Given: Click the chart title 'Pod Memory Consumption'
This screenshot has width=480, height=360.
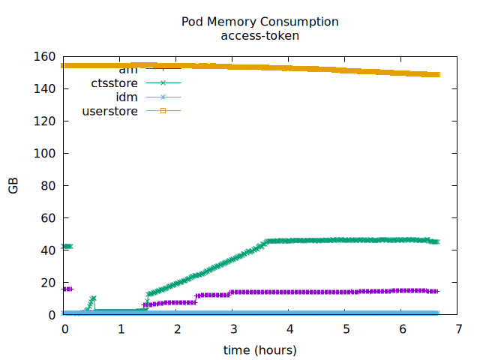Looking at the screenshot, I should pos(259,22).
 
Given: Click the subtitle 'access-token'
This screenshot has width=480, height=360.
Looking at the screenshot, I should pos(259,35).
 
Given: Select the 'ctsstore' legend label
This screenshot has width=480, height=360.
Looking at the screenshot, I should pos(115,83).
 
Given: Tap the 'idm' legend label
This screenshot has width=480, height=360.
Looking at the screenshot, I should pos(127,97).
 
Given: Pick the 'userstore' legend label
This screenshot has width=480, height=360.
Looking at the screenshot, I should pos(109,112).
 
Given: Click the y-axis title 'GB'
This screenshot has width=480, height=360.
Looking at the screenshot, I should pos(13,186).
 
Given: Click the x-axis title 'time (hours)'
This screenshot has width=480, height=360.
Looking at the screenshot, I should pos(259,350).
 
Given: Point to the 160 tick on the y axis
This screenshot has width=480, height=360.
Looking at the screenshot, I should pos(45,57).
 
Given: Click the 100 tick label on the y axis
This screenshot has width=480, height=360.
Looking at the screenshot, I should pos(45,154).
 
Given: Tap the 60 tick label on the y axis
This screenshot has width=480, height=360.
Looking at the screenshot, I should pos(48,218).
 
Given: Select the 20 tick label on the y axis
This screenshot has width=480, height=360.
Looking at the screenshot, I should pos(48,283).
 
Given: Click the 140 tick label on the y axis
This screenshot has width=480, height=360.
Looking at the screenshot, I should pos(45,89).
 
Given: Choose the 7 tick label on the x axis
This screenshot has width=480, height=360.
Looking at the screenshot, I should pos(459,329).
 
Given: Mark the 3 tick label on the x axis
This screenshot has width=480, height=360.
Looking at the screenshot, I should pos(234,329).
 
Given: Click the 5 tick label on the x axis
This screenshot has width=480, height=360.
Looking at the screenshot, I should pos(346,329).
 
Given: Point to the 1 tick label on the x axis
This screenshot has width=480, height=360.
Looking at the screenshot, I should pos(121,329).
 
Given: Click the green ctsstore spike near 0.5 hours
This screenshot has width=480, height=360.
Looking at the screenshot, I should pos(93,298).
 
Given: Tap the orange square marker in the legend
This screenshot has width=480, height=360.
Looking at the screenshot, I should pos(163,112).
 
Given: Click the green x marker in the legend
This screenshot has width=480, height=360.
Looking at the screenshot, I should pos(163,83).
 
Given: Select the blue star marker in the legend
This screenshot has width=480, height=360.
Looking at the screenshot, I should pos(163,97).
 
